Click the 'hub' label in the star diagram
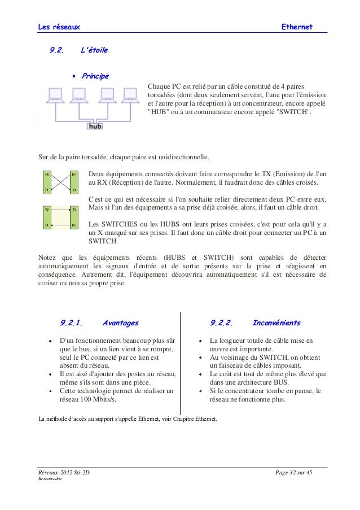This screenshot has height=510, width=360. coord(95,126)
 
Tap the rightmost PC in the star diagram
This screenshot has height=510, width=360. coord(128,95)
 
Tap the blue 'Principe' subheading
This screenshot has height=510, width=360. coord(95,76)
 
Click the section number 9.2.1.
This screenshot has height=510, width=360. coord(72,323)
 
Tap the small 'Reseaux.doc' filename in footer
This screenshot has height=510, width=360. coord(50,479)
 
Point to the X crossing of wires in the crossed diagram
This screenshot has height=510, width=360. coord(60,182)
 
